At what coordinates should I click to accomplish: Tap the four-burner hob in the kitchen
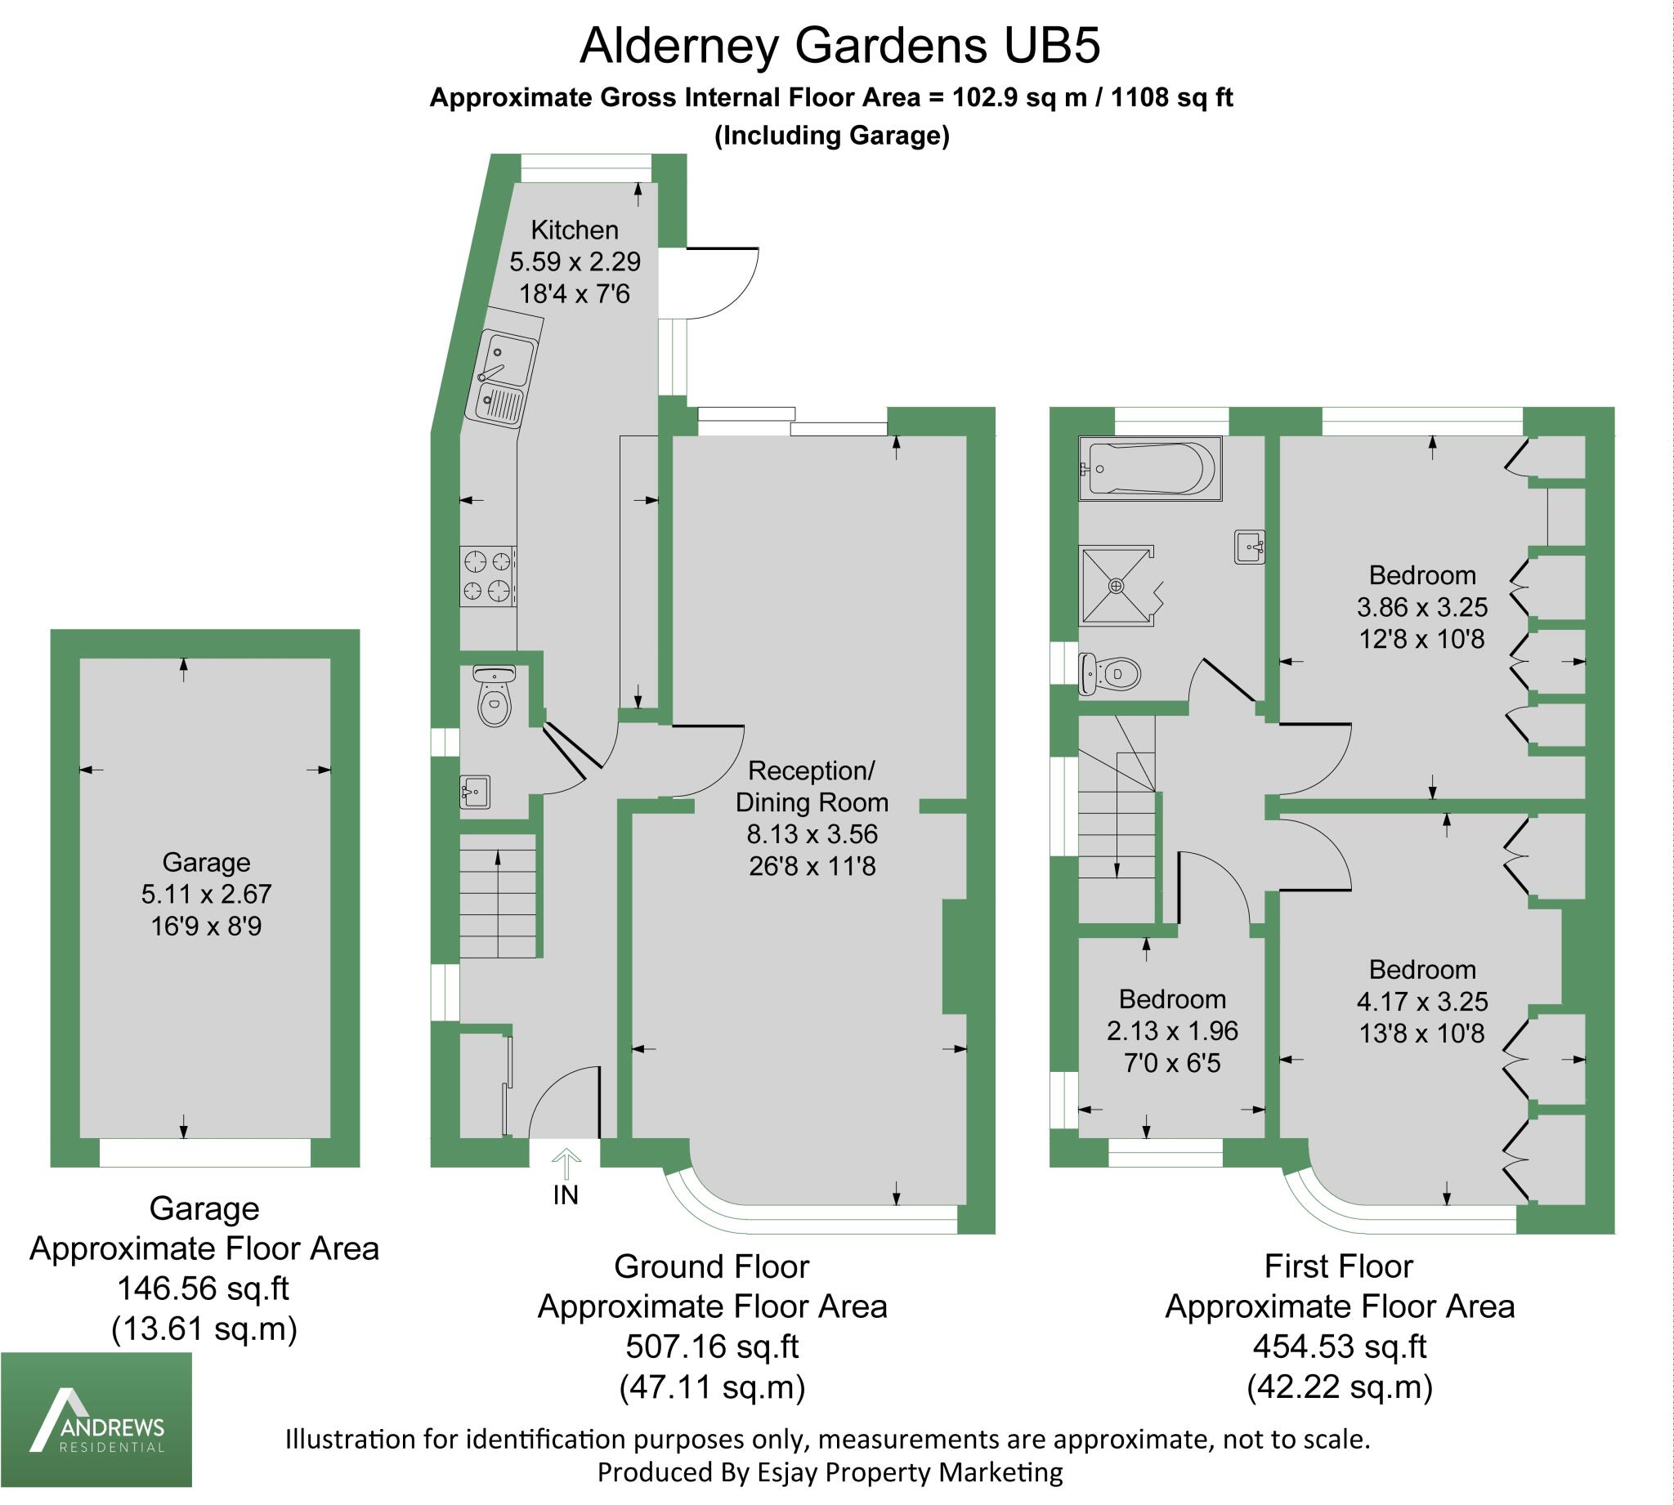pos(488,576)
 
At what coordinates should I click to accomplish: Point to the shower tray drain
pos(1117,586)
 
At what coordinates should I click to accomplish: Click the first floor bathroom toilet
pos(1111,674)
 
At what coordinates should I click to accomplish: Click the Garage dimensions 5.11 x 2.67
pos(206,894)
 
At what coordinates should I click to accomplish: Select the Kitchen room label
pos(574,230)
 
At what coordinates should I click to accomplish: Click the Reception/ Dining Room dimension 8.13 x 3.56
pos(812,833)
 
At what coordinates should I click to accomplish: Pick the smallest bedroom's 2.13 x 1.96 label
pos(1172,1030)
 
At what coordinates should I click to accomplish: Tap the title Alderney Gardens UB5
pos(839,46)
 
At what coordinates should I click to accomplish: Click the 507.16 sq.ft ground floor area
pos(711,1346)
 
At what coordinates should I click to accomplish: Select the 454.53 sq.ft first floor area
pos(1339,1346)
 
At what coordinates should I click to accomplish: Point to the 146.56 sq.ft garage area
pos(204,1288)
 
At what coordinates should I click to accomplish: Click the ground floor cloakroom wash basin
pos(475,793)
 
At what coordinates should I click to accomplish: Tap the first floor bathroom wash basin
pos(1249,547)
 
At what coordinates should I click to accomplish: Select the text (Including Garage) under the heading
pos(832,135)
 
